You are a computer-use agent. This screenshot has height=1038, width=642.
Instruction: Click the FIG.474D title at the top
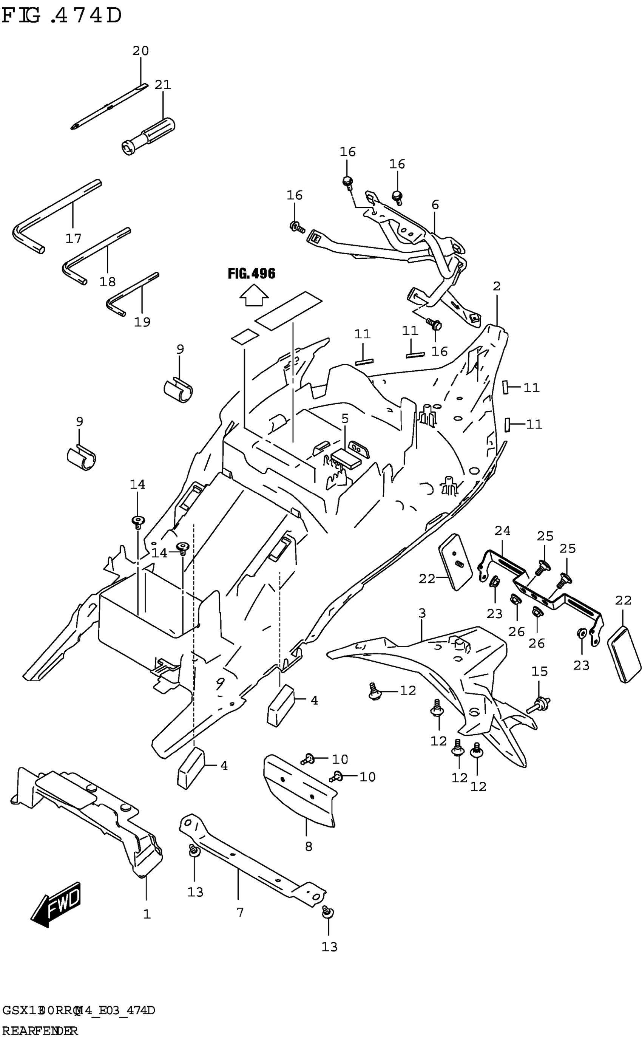click(x=62, y=16)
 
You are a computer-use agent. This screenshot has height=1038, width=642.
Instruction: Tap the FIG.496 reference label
click(x=252, y=274)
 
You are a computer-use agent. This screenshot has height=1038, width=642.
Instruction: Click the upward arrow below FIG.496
click(x=254, y=295)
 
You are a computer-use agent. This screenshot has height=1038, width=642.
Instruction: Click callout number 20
click(x=140, y=51)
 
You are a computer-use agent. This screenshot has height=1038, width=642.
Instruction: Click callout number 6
click(x=435, y=205)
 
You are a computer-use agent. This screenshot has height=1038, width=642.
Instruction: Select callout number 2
click(x=496, y=286)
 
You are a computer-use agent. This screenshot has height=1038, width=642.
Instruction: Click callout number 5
click(x=345, y=418)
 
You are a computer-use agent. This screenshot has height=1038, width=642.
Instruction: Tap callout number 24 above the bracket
click(x=502, y=531)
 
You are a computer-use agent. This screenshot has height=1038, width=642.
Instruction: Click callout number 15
click(x=540, y=671)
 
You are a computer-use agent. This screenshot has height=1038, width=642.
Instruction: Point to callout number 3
click(x=421, y=613)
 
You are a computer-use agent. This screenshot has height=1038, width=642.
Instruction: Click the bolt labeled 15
click(x=538, y=706)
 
